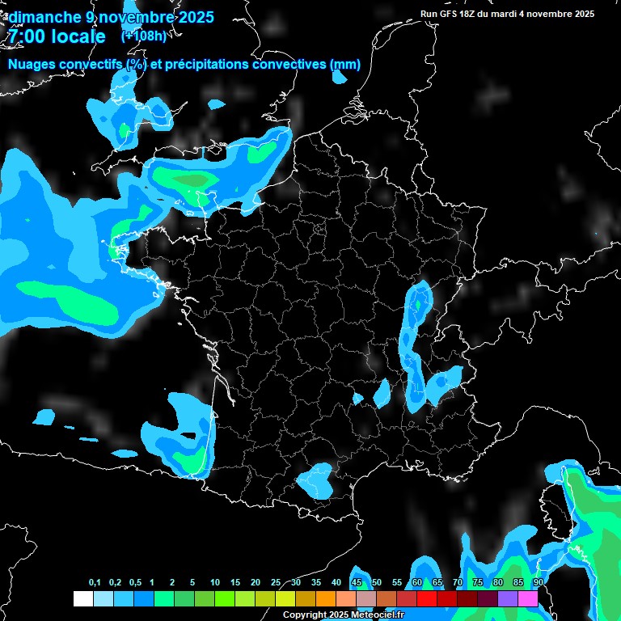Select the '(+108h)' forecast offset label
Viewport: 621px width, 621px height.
point(143,36)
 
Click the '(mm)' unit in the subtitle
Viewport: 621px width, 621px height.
point(345,65)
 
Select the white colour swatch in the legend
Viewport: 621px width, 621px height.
point(82,599)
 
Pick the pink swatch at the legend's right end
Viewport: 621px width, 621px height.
point(528,599)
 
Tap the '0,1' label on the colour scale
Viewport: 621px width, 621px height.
point(95,583)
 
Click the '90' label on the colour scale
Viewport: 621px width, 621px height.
point(539,583)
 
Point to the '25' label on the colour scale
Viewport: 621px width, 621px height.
point(276,583)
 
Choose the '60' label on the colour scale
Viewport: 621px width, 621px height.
point(417,583)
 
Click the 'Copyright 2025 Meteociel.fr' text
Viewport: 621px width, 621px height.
point(343,615)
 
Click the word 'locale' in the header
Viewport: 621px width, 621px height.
point(78,36)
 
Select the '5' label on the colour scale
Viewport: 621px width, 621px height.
point(192,583)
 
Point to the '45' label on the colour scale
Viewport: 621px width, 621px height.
point(357,583)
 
